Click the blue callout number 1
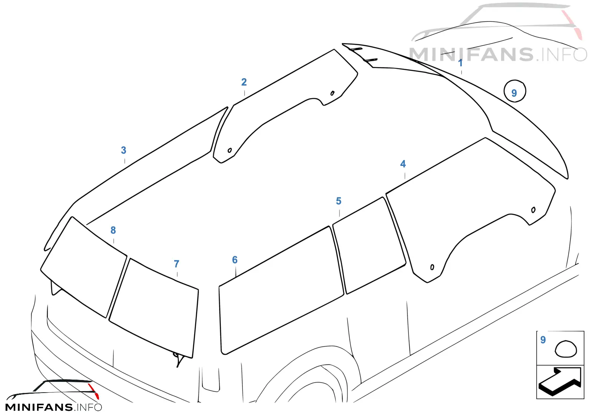click(x=460, y=63)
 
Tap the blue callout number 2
click(x=244, y=82)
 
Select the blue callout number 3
click(x=123, y=150)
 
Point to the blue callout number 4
click(x=403, y=164)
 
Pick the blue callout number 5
click(x=339, y=201)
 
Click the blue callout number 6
click(x=235, y=260)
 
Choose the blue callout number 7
click(x=176, y=264)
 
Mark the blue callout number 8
click(x=113, y=230)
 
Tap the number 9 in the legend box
click(x=543, y=340)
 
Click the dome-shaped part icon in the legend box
click(x=566, y=349)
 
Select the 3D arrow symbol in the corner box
click(x=560, y=381)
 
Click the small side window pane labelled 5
click(x=369, y=246)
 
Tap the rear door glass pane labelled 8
click(x=84, y=267)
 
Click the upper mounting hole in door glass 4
click(x=533, y=210)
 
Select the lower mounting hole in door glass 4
click(x=432, y=267)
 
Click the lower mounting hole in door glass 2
click(x=229, y=150)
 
